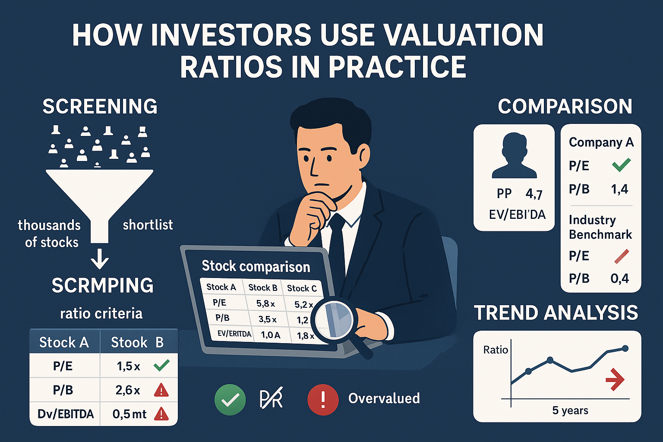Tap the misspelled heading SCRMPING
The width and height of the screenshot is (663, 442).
(102, 285)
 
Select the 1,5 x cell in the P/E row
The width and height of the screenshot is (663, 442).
(128, 366)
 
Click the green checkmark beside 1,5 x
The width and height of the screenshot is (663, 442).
(161, 366)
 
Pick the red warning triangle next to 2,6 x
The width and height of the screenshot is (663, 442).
(161, 390)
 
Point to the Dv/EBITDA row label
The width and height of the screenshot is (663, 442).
(65, 414)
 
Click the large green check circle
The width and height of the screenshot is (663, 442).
(230, 400)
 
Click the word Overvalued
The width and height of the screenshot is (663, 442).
(384, 398)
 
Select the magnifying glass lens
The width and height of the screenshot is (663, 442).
(334, 320)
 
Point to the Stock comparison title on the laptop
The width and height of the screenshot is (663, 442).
(256, 266)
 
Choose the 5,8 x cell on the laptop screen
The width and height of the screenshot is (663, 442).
(265, 303)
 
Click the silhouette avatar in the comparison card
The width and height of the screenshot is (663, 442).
(514, 156)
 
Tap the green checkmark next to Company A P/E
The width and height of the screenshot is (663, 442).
(621, 165)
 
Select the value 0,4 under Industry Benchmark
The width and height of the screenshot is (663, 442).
(619, 278)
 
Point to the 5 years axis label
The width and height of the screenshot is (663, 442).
(570, 410)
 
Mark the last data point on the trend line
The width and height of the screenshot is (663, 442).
(625, 348)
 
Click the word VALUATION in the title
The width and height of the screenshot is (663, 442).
(464, 35)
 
